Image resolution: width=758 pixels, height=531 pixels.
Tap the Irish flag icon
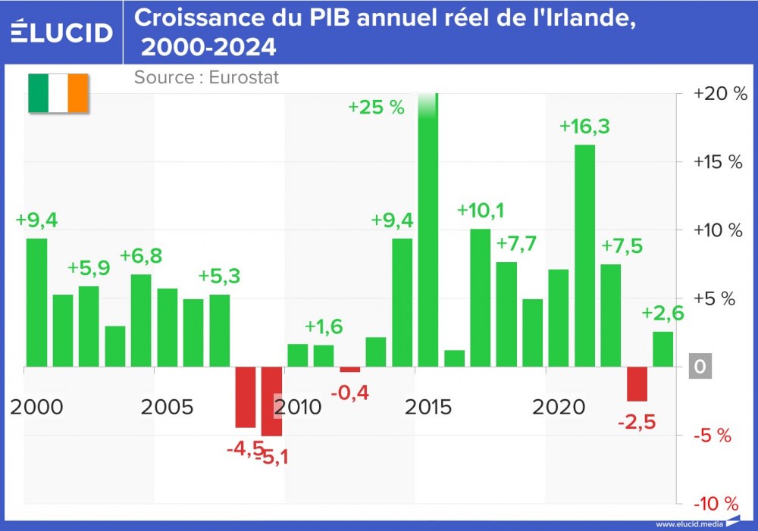pos(58,94)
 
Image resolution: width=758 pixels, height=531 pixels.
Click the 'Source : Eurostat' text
pos(206,77)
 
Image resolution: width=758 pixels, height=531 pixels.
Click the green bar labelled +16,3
pos(584,255)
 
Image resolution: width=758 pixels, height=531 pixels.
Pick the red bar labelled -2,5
pos(637,384)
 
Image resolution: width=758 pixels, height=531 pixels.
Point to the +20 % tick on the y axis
pos(716,94)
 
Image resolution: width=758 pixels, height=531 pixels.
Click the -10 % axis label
pos(716,504)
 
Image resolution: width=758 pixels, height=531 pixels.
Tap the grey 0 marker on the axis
pos(700,367)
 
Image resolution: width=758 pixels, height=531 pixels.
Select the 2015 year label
pos(428,408)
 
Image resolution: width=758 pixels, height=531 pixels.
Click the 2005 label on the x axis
pos(168,408)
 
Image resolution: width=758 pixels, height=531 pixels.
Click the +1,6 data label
pos(324,326)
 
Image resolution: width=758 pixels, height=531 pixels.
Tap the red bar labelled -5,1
pos(271,401)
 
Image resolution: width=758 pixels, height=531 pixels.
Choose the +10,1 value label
pos(481,210)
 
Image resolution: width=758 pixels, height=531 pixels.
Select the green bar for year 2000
pos(36,303)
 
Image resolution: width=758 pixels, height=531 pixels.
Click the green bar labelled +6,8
pos(141,320)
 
